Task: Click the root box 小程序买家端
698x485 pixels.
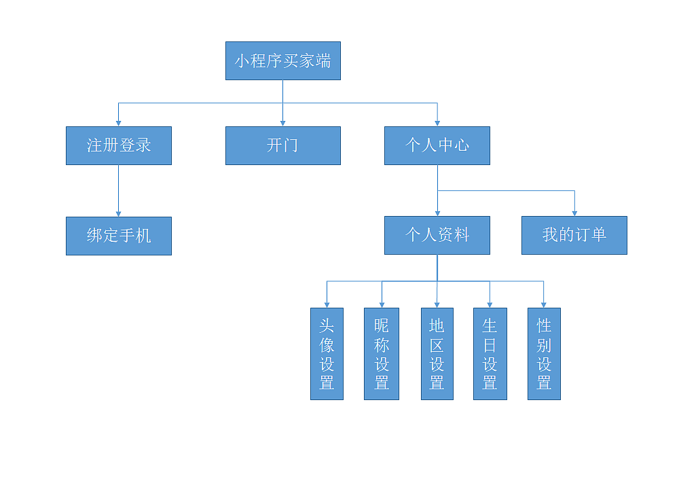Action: (x=282, y=61)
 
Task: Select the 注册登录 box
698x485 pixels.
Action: (x=119, y=145)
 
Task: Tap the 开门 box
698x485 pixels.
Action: (x=282, y=145)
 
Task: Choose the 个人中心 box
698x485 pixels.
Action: (x=437, y=145)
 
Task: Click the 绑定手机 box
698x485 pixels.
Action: (x=119, y=236)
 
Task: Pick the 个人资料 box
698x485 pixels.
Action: (x=437, y=236)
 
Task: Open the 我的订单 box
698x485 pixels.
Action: (x=574, y=235)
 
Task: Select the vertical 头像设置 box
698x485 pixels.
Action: (x=327, y=354)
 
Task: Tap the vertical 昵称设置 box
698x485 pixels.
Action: (x=381, y=354)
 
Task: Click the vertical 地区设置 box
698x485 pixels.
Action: (x=436, y=354)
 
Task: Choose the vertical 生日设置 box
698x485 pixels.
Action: (x=490, y=354)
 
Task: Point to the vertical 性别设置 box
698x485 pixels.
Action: (x=544, y=354)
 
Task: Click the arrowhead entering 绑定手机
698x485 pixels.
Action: (x=119, y=213)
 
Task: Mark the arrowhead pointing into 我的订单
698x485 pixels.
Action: (x=574, y=213)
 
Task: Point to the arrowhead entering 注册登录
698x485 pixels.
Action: (x=119, y=123)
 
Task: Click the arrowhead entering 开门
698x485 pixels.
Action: (x=282, y=123)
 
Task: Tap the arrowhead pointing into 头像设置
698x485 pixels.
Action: (x=327, y=304)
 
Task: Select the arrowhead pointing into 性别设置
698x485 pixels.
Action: (x=544, y=304)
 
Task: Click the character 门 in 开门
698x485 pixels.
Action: (x=291, y=145)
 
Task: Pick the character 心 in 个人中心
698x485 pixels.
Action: (x=461, y=145)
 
